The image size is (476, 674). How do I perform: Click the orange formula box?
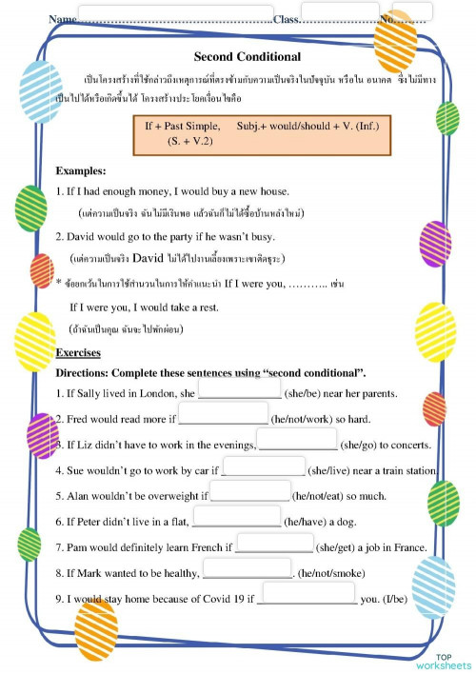(262, 133)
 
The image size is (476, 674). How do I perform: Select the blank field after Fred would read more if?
(222, 419)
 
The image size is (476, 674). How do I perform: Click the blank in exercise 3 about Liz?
(297, 445)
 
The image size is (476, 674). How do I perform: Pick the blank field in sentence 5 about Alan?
(248, 495)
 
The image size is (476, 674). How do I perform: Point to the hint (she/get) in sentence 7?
(341, 546)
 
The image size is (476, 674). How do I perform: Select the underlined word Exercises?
(78, 352)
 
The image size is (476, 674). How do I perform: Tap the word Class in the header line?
(286, 18)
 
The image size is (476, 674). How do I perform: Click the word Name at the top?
(62, 18)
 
